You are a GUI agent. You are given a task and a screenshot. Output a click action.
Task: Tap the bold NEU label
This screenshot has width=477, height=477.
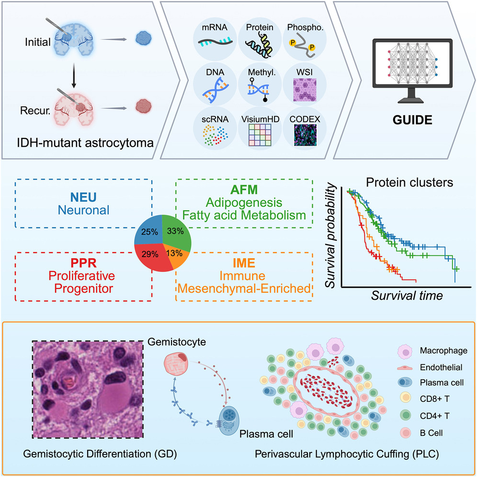(84, 197)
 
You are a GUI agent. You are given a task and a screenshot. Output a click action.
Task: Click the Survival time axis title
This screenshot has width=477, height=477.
(407, 295)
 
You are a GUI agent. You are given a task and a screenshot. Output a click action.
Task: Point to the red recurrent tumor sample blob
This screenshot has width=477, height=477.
(144, 104)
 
